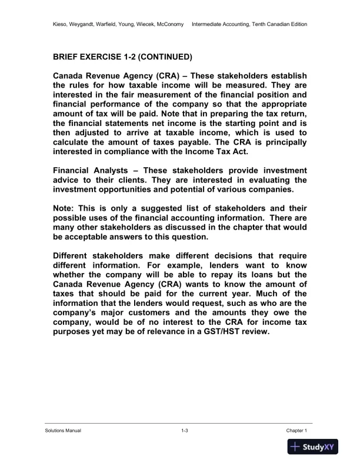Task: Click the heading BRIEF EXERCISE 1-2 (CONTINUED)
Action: [122, 58]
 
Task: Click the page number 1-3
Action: [184, 431]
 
